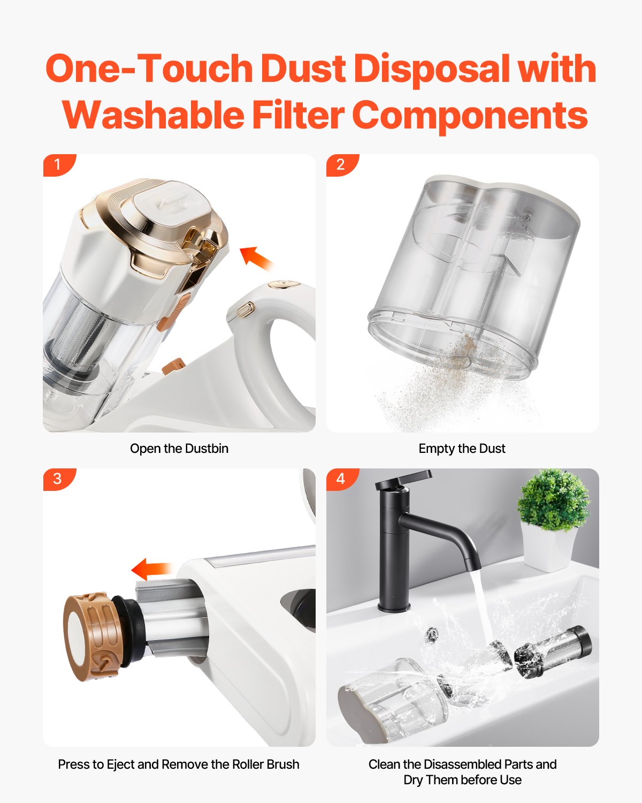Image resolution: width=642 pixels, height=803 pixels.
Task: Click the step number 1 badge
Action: click(x=58, y=164)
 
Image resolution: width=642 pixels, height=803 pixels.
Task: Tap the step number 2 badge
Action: click(x=341, y=164)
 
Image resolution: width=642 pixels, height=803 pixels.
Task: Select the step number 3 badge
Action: click(x=58, y=479)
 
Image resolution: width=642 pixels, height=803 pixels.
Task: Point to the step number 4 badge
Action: click(x=341, y=479)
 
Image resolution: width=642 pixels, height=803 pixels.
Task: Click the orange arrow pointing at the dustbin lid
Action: click(x=256, y=258)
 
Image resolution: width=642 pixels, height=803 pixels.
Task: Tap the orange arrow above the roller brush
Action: click(x=151, y=569)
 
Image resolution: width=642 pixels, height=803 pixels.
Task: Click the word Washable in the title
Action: click(x=153, y=115)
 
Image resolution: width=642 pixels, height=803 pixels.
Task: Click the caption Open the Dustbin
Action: click(x=179, y=449)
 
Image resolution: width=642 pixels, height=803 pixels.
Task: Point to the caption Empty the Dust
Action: click(x=462, y=449)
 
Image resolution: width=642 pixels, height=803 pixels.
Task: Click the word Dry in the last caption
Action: click(x=413, y=780)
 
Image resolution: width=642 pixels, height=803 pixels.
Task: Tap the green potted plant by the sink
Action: click(x=553, y=501)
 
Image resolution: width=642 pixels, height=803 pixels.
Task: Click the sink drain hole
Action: click(x=431, y=635)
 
